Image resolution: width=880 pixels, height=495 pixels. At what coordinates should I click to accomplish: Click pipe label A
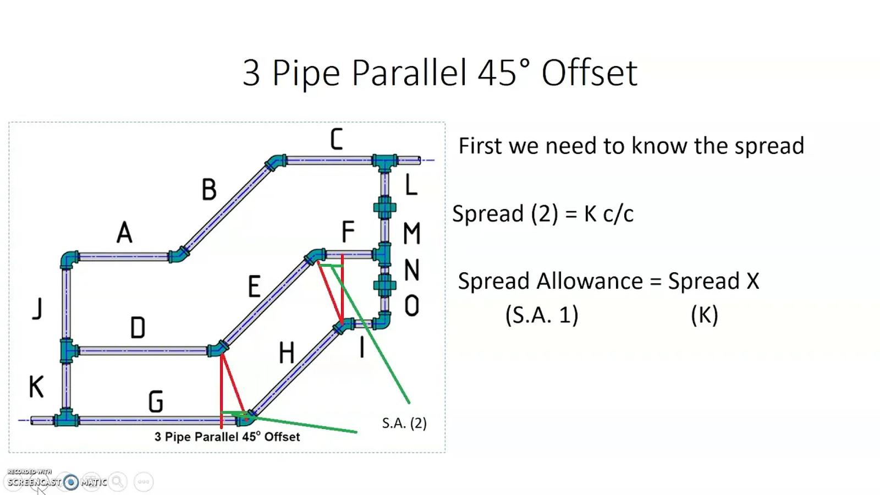124,232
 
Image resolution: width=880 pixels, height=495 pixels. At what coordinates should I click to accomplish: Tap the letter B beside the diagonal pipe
209,189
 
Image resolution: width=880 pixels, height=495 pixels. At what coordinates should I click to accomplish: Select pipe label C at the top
336,139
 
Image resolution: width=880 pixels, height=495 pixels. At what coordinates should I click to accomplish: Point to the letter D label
137,328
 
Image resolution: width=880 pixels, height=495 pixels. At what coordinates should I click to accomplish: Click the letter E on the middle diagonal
254,286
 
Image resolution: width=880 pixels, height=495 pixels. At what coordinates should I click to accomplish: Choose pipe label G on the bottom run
156,401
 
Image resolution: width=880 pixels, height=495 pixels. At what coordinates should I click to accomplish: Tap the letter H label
287,353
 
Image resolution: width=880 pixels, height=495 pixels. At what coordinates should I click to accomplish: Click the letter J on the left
37,309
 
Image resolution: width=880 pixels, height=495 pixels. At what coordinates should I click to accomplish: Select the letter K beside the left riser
36,387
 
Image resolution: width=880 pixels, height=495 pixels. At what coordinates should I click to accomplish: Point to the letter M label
412,233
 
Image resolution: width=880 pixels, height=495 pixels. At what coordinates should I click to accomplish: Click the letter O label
412,306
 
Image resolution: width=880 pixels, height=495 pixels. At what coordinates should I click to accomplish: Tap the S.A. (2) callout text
404,423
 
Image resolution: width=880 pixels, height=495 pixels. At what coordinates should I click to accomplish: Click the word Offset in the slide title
589,73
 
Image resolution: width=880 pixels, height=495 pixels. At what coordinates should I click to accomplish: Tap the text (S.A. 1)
542,315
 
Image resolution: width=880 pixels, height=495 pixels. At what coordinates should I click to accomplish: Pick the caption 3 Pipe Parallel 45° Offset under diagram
227,437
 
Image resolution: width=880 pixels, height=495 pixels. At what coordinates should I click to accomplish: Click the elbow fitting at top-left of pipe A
69,259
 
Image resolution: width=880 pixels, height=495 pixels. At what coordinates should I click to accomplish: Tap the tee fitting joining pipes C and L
384,162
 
